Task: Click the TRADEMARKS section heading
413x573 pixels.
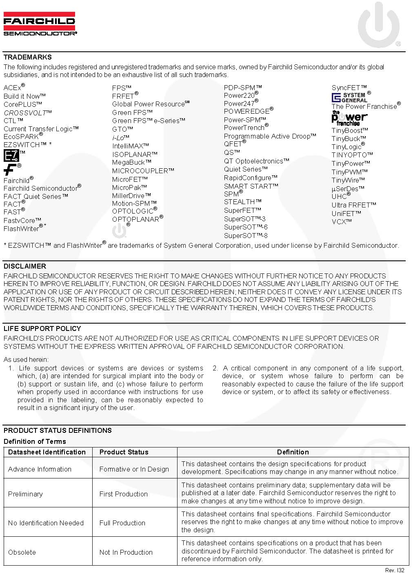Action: click(x=28, y=57)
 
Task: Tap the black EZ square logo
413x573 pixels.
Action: click(x=11, y=156)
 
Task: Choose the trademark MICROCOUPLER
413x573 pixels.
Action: click(x=143, y=171)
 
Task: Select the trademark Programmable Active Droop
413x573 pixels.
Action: click(x=270, y=136)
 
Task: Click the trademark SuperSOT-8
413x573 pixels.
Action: click(x=246, y=236)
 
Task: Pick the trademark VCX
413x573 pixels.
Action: click(x=342, y=222)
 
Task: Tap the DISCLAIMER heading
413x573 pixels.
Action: click(x=25, y=266)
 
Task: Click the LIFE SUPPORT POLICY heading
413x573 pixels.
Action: click(x=42, y=328)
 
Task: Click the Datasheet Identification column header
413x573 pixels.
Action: click(x=47, y=452)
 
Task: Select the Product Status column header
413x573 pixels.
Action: click(x=124, y=452)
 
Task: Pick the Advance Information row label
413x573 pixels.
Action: click(x=40, y=469)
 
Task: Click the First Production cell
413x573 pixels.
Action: click(x=124, y=494)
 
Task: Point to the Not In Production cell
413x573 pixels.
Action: click(x=126, y=552)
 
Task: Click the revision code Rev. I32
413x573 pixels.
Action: click(x=395, y=570)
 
